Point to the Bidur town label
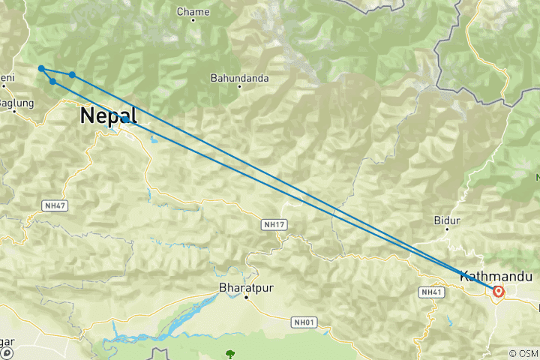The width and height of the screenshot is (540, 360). tap(447, 220)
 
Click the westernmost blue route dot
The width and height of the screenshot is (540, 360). tap(41, 69)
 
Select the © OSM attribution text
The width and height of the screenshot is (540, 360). tap(523, 353)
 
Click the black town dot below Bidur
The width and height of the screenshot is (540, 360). tap(448, 230)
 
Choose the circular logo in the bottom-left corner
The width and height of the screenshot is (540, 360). tap(6, 352)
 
